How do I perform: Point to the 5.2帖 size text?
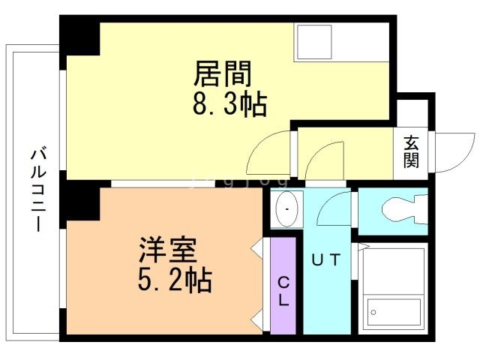pyautogui.click(x=174, y=280)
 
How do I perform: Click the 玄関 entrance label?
pyautogui.click(x=411, y=151)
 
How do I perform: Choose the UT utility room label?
pyautogui.click(x=326, y=259)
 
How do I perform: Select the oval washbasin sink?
pyautogui.click(x=286, y=208)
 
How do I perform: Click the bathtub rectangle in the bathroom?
pyautogui.click(x=393, y=310)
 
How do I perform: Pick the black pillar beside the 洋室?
pyautogui.click(x=80, y=201)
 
